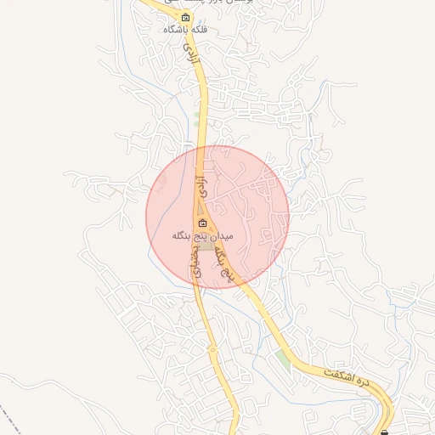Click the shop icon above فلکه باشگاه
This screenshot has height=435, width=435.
click(x=186, y=18)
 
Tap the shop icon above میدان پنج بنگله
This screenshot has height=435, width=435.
click(x=201, y=223)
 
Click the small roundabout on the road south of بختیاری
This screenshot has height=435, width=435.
click(x=212, y=348)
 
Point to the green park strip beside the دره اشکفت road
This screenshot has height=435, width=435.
click(x=282, y=358)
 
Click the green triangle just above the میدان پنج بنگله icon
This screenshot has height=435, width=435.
click(x=201, y=209)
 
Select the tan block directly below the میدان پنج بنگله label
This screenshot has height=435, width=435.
click(x=206, y=246)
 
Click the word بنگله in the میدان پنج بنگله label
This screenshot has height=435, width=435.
click(x=180, y=234)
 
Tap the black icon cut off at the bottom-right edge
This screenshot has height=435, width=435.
click(x=385, y=432)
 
